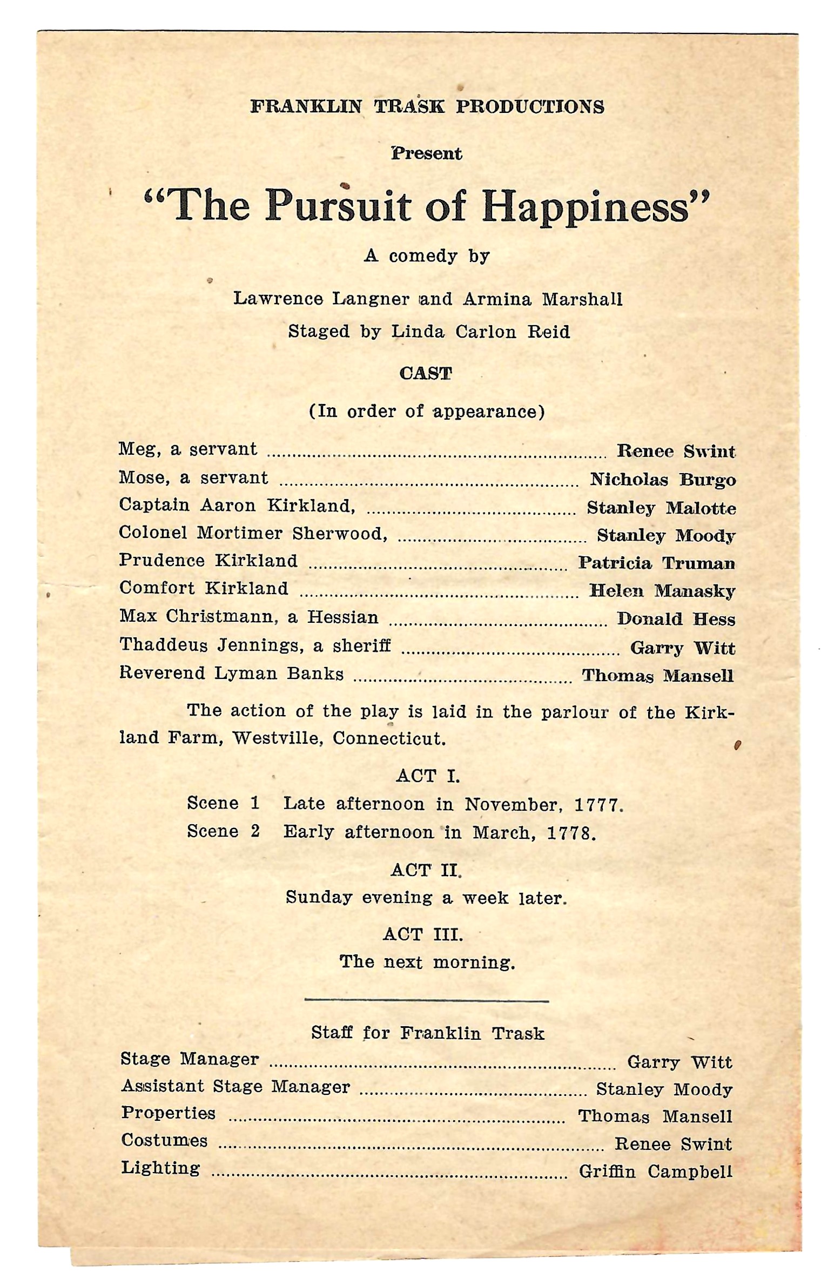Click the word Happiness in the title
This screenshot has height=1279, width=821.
[586, 207]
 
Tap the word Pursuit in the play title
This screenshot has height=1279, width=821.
[338, 207]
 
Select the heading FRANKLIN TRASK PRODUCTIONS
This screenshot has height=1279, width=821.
[427, 106]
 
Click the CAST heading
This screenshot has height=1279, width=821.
[426, 374]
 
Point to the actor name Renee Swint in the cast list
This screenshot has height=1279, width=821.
[676, 451]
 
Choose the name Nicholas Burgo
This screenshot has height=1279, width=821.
[662, 480]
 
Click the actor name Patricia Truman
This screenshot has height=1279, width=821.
[656, 563]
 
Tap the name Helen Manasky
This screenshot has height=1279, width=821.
[662, 591]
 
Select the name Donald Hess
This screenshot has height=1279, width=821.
[676, 619]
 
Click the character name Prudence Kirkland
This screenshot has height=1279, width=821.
[208, 561]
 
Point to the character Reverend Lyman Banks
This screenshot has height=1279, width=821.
[231, 674]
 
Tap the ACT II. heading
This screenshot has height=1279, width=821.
[426, 870]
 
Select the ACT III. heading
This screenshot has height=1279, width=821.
[423, 934]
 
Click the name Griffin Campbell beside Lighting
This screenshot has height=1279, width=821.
[655, 1172]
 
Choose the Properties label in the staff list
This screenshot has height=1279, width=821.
[168, 1113]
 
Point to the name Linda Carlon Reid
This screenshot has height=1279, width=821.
[480, 332]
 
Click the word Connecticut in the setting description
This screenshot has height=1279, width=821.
[389, 738]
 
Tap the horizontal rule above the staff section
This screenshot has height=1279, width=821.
[426, 1001]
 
